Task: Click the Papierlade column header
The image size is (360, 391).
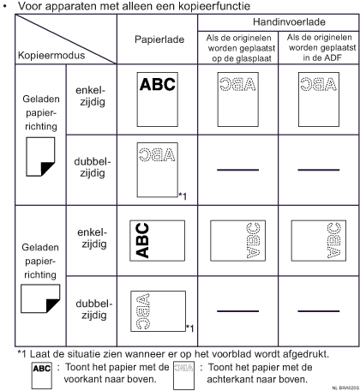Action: coord(159,39)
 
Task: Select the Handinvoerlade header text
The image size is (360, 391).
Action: coord(289,22)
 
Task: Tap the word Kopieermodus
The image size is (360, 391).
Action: coord(51,55)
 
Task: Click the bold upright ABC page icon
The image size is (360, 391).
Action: coord(158,99)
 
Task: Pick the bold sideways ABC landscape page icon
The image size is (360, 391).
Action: coord(158,241)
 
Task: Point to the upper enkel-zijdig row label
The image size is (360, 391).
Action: coord(92,96)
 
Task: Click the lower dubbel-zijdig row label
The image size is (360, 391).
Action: coord(94,310)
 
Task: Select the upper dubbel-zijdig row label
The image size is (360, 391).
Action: coord(93,167)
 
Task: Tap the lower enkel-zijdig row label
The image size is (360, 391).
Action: coord(93,238)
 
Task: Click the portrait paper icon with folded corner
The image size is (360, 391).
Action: coord(40,157)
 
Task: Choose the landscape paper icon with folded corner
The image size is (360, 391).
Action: coord(40,298)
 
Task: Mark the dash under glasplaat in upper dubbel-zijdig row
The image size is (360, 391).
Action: coord(237,170)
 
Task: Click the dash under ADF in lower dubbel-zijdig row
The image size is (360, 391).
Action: coord(319,311)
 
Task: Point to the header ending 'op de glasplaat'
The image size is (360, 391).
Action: coord(241,48)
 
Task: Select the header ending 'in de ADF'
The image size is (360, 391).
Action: coord(321,47)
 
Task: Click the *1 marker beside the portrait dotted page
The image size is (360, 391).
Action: coord(183,196)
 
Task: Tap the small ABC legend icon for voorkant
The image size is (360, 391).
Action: coord(42,376)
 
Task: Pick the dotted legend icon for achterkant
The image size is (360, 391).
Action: coord(184,376)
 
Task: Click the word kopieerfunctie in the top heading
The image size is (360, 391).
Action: coord(214,6)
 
